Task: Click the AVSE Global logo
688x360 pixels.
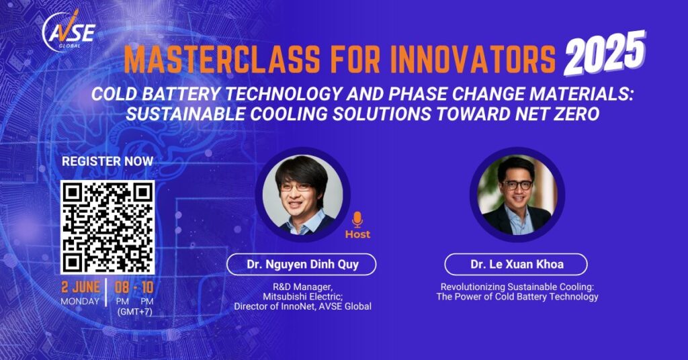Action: tap(69, 32)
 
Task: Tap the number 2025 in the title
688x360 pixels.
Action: tap(605, 54)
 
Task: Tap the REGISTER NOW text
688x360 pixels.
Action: tap(107, 161)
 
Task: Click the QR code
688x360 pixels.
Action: tap(107, 227)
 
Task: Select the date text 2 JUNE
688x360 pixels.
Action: tap(81, 287)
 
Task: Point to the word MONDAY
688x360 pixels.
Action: tap(81, 302)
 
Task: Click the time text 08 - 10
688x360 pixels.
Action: tap(134, 287)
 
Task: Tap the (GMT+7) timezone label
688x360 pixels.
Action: tap(134, 312)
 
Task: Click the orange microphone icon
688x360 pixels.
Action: tap(357, 220)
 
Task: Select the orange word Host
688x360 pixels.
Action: tap(357, 234)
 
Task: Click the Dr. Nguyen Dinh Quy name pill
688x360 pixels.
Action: tap(302, 265)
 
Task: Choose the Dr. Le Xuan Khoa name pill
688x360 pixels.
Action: tap(516, 265)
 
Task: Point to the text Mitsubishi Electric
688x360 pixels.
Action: tap(302, 297)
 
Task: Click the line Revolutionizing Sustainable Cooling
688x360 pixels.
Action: tap(517, 287)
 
